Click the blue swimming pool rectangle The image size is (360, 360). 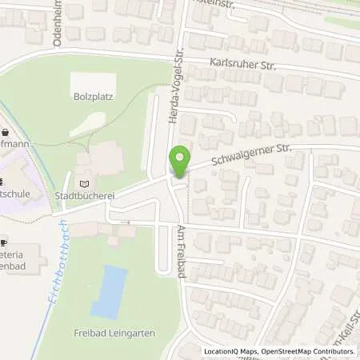coord(110,292)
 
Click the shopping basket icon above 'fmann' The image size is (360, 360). coord(4,132)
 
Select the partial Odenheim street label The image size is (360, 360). coord(58,24)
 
